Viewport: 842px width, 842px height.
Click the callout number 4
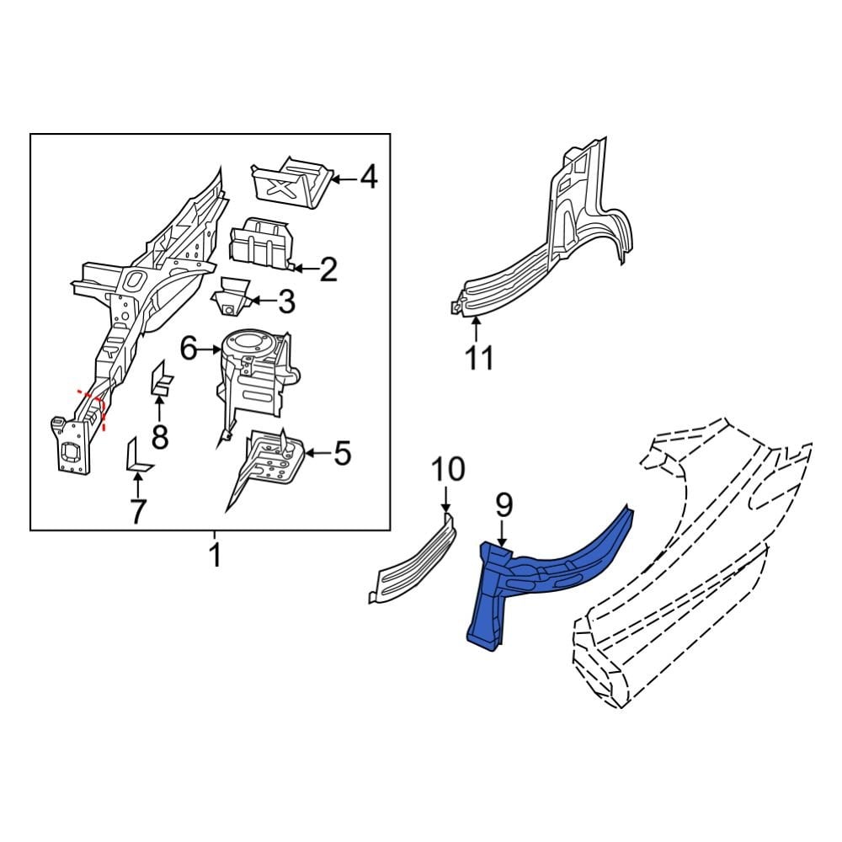[x=369, y=178]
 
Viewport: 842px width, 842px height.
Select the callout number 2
[x=328, y=269]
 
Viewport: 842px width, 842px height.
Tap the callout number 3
[x=286, y=301]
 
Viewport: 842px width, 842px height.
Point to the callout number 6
[x=189, y=348]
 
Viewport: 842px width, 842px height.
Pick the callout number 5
[x=341, y=454]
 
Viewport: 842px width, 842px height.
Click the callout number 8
[x=159, y=436]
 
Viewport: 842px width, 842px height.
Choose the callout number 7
[x=137, y=509]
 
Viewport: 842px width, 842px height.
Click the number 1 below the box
[x=214, y=556]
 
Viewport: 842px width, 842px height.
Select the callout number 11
[x=479, y=358]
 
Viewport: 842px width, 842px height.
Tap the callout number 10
[x=449, y=470]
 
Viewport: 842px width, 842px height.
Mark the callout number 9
[x=503, y=505]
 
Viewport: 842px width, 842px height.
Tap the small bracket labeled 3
[x=230, y=299]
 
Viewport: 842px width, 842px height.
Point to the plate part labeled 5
[x=274, y=459]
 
